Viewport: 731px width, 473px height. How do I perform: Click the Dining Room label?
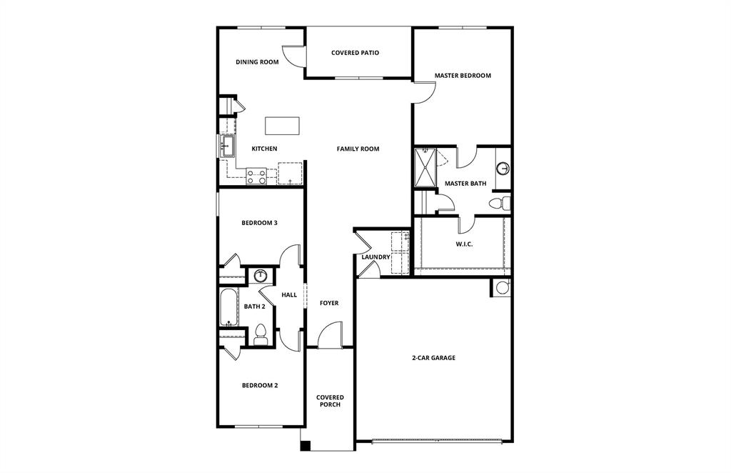click(x=257, y=62)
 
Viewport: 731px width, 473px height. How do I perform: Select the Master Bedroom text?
click(x=463, y=76)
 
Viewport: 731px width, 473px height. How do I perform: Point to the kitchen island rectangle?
click(x=283, y=126)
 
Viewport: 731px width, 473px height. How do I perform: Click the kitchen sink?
click(x=227, y=148)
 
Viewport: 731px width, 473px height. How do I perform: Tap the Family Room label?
click(x=358, y=149)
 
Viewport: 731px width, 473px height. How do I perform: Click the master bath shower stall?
click(x=426, y=167)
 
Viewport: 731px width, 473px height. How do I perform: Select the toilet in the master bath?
click(x=499, y=204)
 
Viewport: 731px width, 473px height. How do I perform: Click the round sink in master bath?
click(x=503, y=169)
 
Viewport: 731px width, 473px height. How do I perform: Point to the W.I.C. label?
click(x=464, y=244)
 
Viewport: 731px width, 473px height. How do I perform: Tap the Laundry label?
click(x=375, y=257)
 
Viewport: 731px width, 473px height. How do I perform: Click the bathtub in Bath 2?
click(x=228, y=307)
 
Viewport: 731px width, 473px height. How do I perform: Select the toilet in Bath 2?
click(x=261, y=334)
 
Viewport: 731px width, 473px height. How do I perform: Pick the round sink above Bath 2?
click(x=261, y=276)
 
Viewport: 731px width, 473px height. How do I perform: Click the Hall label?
click(x=289, y=295)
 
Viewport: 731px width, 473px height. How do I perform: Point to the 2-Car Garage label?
click(x=433, y=358)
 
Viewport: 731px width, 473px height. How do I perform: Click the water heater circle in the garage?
click(x=502, y=287)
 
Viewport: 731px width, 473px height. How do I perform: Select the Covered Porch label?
click(x=330, y=401)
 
